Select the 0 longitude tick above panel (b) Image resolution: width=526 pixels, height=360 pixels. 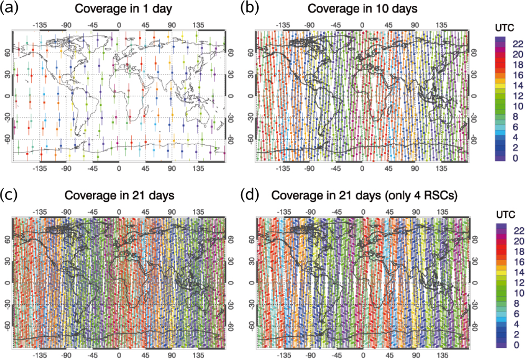tap(362, 24)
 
